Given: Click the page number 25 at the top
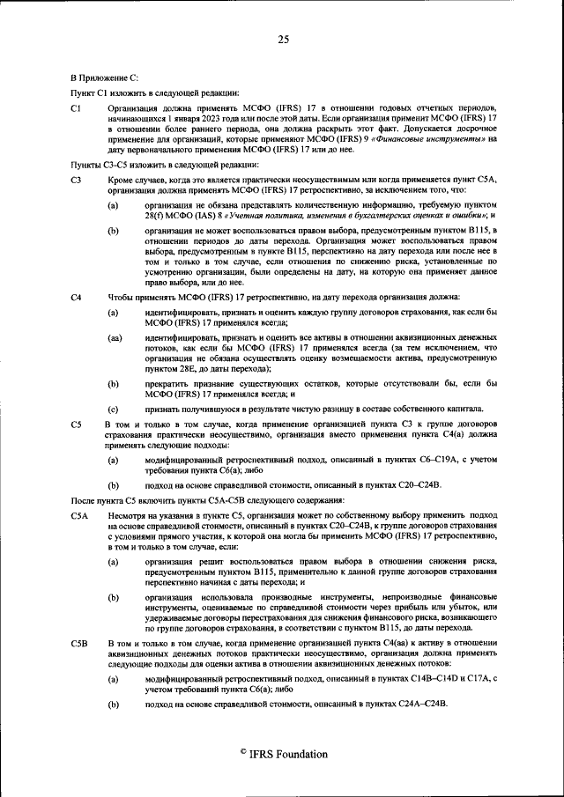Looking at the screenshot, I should pyautogui.click(x=283, y=39).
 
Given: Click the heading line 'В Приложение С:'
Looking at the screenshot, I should pyautogui.click(x=103, y=78).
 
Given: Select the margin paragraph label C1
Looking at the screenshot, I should pyautogui.click(x=76, y=107).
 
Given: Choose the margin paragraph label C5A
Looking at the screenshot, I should pyautogui.click(x=79, y=513).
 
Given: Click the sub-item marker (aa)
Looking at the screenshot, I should pyautogui.click(x=115, y=337).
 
